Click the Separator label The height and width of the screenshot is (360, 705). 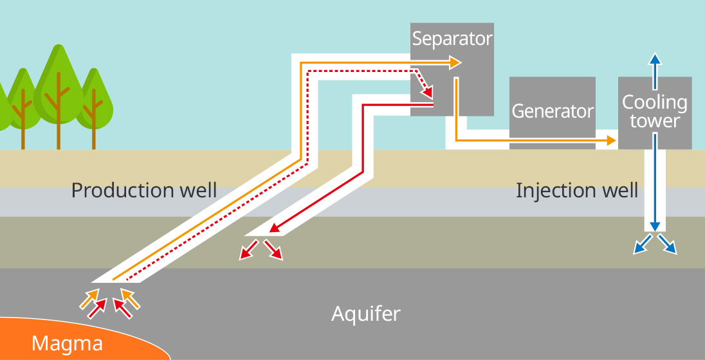(x=452, y=39)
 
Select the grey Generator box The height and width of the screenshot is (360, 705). (x=553, y=111)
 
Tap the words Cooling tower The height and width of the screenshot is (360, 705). (x=655, y=111)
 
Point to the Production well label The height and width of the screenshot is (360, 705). (x=144, y=190)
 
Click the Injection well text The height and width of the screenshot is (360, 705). (x=577, y=190)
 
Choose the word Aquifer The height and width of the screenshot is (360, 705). (x=366, y=314)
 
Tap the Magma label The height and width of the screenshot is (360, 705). (x=67, y=344)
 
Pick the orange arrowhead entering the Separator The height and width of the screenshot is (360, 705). (x=455, y=62)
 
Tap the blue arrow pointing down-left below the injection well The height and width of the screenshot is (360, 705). (x=642, y=245)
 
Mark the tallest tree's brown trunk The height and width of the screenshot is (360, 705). (x=59, y=122)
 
